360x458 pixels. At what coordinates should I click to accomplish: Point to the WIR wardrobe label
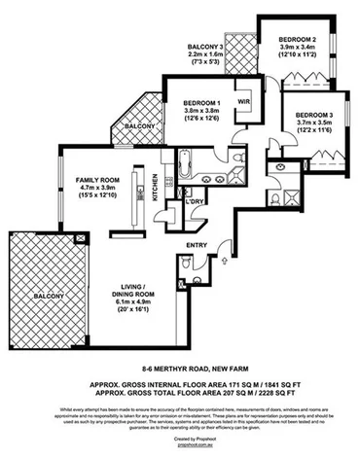[x=243, y=101]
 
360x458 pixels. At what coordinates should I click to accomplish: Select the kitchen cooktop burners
[x=166, y=182]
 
